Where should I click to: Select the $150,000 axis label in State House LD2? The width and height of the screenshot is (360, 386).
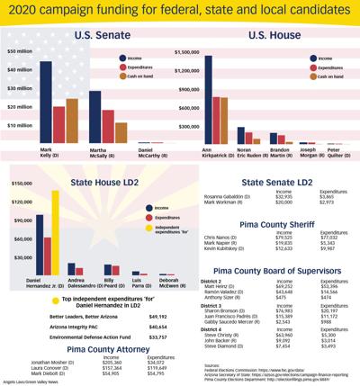click(19, 184)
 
